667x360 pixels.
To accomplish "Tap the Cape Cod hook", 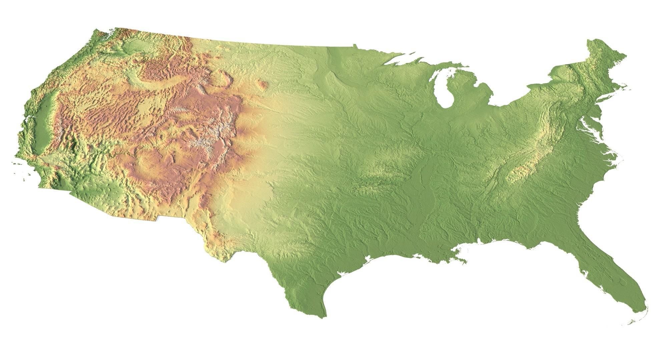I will coord(627,87).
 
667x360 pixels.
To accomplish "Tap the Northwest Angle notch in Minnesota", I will coord(355,45).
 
